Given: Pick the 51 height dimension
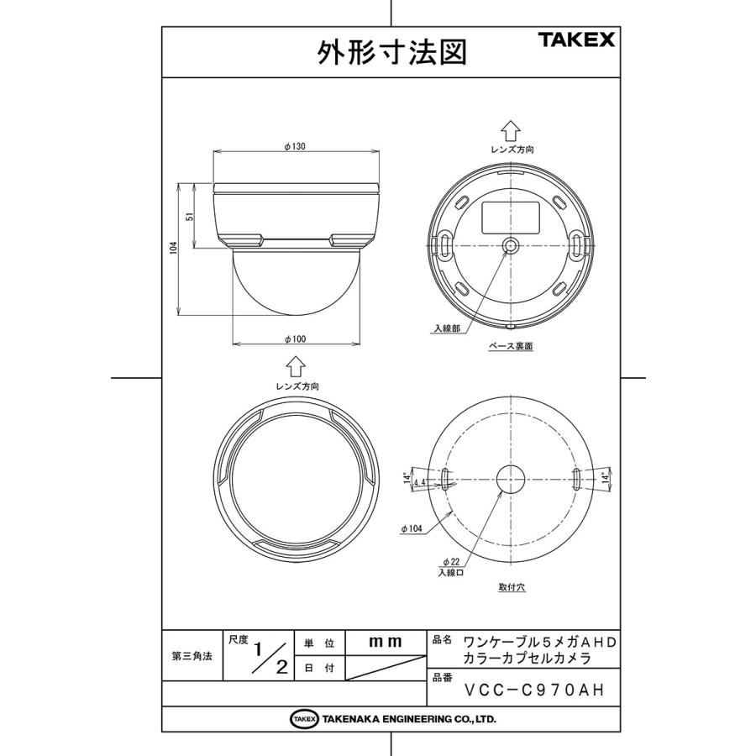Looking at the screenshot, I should point(191,217).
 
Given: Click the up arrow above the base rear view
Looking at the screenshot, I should point(511,130).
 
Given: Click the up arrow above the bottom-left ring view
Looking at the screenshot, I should point(295,367).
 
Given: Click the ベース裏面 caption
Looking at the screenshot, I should point(511,345).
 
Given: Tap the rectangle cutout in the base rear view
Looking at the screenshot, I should point(509,216).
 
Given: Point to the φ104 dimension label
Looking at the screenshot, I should point(412,528).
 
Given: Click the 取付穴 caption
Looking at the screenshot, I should point(511,589).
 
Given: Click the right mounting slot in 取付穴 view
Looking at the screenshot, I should point(576,479).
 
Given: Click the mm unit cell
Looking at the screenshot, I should point(386,642).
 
